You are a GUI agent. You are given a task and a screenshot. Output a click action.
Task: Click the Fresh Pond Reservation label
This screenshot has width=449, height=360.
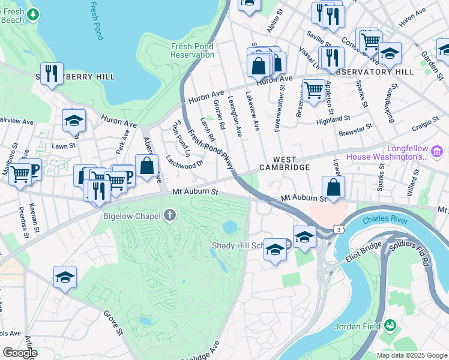193,50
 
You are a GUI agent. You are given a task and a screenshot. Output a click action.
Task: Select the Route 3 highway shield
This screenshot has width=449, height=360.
340,229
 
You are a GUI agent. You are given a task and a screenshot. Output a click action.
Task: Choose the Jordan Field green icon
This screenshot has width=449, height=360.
391,325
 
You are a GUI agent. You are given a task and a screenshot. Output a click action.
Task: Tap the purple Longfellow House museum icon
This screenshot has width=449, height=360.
438,150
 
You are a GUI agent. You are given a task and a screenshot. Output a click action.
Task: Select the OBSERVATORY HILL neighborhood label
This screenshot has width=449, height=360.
375,72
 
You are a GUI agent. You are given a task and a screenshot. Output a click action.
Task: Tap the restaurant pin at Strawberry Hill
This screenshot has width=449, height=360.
52,74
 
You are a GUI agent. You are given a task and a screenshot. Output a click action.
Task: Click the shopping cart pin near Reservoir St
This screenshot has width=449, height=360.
313,91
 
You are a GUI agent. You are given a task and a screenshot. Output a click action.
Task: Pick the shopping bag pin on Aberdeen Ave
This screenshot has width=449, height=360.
146,166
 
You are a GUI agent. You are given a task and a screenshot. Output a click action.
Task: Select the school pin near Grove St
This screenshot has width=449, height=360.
65,277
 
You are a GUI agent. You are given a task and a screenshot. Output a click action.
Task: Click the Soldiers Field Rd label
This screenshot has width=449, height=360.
417,251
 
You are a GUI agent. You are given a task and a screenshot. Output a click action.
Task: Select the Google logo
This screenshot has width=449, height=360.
20,353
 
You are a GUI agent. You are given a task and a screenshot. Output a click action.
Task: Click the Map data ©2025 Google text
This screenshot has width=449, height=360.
411,355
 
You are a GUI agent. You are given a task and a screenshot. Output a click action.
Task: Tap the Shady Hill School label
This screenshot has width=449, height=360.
237,246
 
